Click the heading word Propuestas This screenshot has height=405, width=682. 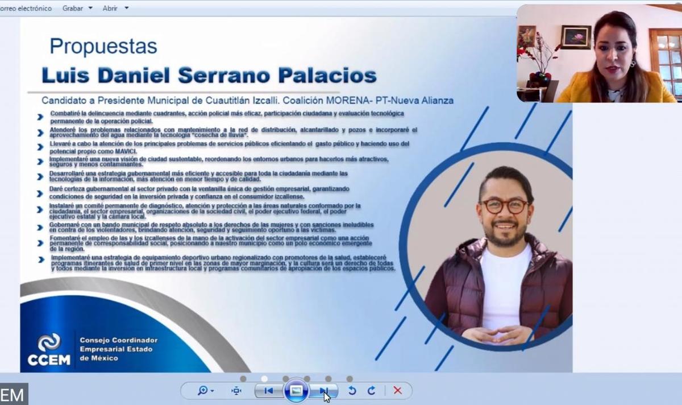(103, 46)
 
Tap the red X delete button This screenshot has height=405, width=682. (397, 391)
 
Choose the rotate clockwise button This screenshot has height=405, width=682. (371, 391)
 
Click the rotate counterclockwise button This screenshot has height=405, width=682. (352, 391)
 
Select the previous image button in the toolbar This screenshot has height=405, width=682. (268, 391)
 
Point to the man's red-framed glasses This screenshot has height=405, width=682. (504, 206)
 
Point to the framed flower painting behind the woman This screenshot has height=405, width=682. (576, 37)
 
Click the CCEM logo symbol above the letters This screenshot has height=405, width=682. (49, 342)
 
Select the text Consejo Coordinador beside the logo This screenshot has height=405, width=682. (118, 340)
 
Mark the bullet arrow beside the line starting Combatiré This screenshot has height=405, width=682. (40, 117)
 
